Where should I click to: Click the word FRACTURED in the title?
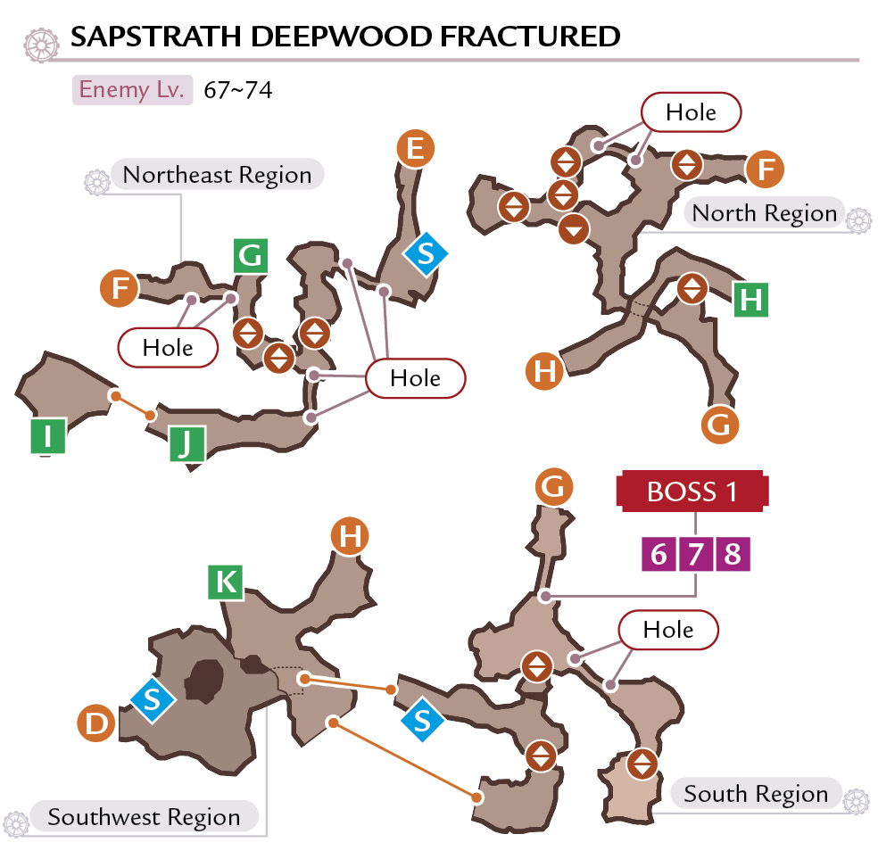point(530,37)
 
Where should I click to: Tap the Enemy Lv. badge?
point(132,89)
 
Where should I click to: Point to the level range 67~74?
point(238,90)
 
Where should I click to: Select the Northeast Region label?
point(217,175)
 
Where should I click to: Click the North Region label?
point(765,213)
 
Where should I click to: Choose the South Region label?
point(756,794)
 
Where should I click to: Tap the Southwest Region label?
point(144,817)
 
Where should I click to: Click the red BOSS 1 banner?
point(692,491)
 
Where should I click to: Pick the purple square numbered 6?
point(658,554)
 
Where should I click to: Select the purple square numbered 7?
point(695,554)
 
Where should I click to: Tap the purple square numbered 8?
point(733,554)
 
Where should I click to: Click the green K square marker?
point(226,582)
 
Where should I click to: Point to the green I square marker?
point(47,435)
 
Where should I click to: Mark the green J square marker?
point(187,443)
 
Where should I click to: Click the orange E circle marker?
point(415,149)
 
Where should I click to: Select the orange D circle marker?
point(96,723)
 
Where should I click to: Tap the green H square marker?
point(751,300)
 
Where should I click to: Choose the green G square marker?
point(251,256)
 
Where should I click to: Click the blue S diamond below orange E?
point(426,254)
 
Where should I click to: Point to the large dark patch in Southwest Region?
point(204,680)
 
